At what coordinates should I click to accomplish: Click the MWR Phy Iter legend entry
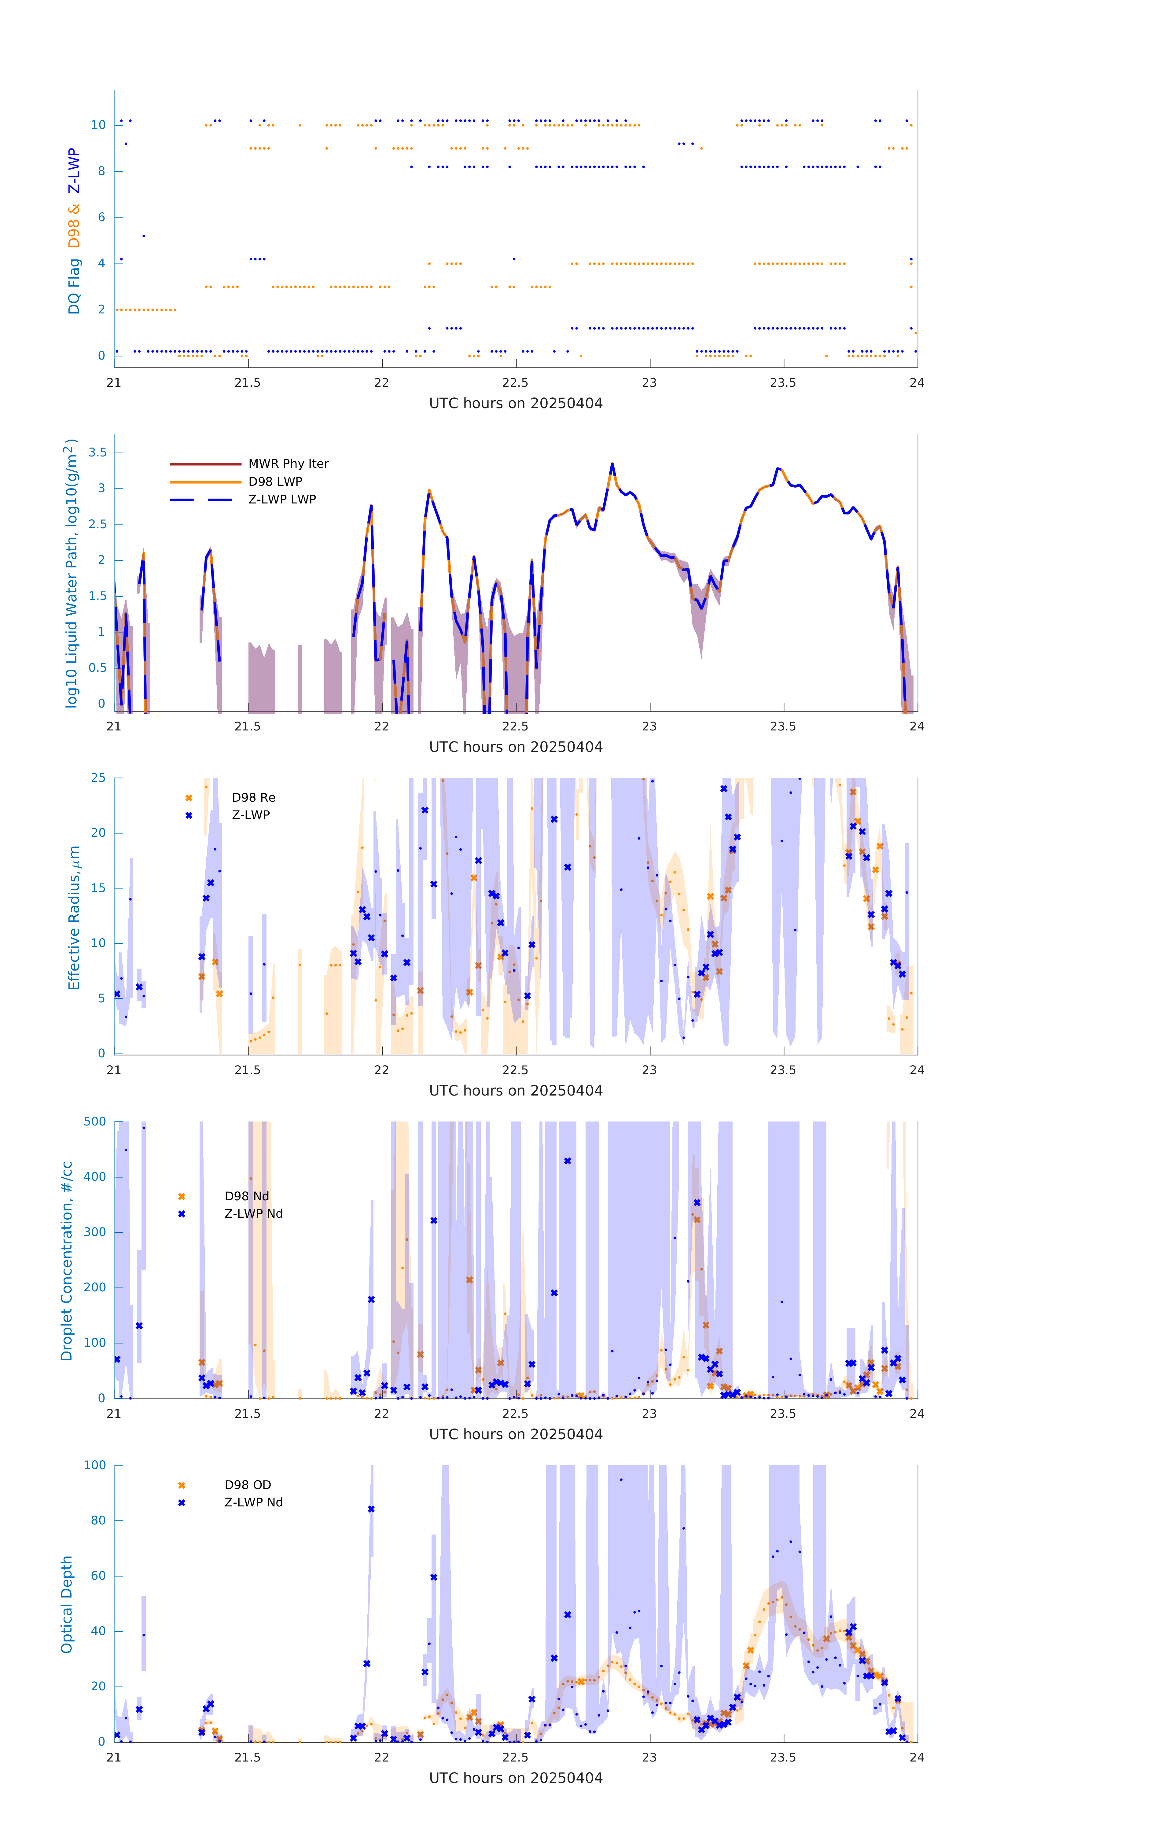click(x=288, y=463)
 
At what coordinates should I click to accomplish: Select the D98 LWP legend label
click(x=275, y=482)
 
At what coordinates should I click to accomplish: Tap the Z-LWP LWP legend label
click(x=282, y=499)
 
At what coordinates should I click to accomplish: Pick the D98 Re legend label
click(x=254, y=798)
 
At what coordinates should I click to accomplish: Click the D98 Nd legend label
click(x=247, y=1197)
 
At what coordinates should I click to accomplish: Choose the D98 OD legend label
click(x=248, y=1485)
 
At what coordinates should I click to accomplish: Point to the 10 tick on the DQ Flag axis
click(x=98, y=125)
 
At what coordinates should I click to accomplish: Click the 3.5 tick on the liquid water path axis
click(x=97, y=453)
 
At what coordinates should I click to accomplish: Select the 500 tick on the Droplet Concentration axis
click(x=95, y=1122)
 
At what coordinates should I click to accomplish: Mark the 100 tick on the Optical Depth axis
click(x=95, y=1465)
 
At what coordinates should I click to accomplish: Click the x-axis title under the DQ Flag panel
click(x=516, y=404)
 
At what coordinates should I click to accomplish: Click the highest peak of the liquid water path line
click(x=612, y=464)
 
